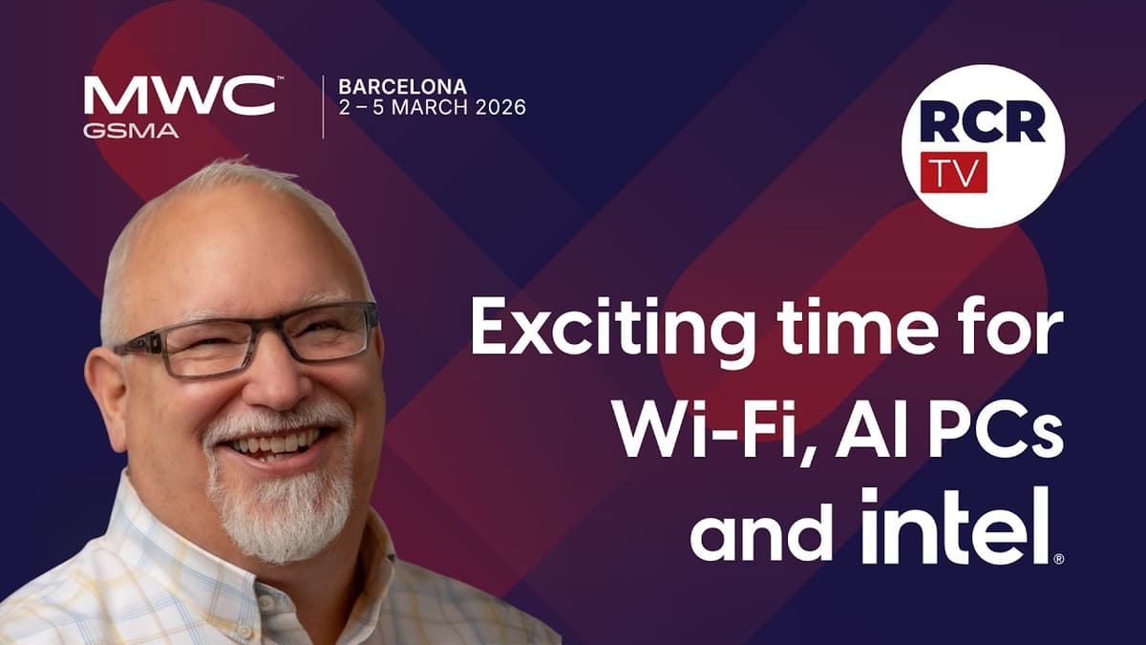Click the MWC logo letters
pos(180,96)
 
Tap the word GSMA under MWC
pos(130,131)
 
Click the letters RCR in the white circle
pos(983,122)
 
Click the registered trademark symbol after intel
pos(1058,558)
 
